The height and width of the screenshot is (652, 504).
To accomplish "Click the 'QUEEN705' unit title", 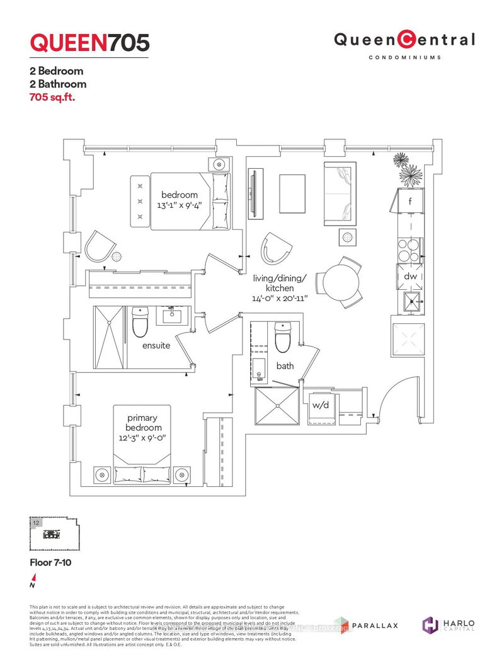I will click(x=91, y=42).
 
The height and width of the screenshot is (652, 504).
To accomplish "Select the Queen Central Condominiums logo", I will click(x=404, y=43).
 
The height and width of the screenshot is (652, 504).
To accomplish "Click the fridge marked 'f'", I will click(x=409, y=202).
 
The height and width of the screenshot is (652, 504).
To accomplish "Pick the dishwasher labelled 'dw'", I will click(x=410, y=276).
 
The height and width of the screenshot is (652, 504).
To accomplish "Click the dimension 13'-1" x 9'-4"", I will click(x=179, y=206).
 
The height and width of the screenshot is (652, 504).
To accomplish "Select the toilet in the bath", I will click(x=283, y=338).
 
